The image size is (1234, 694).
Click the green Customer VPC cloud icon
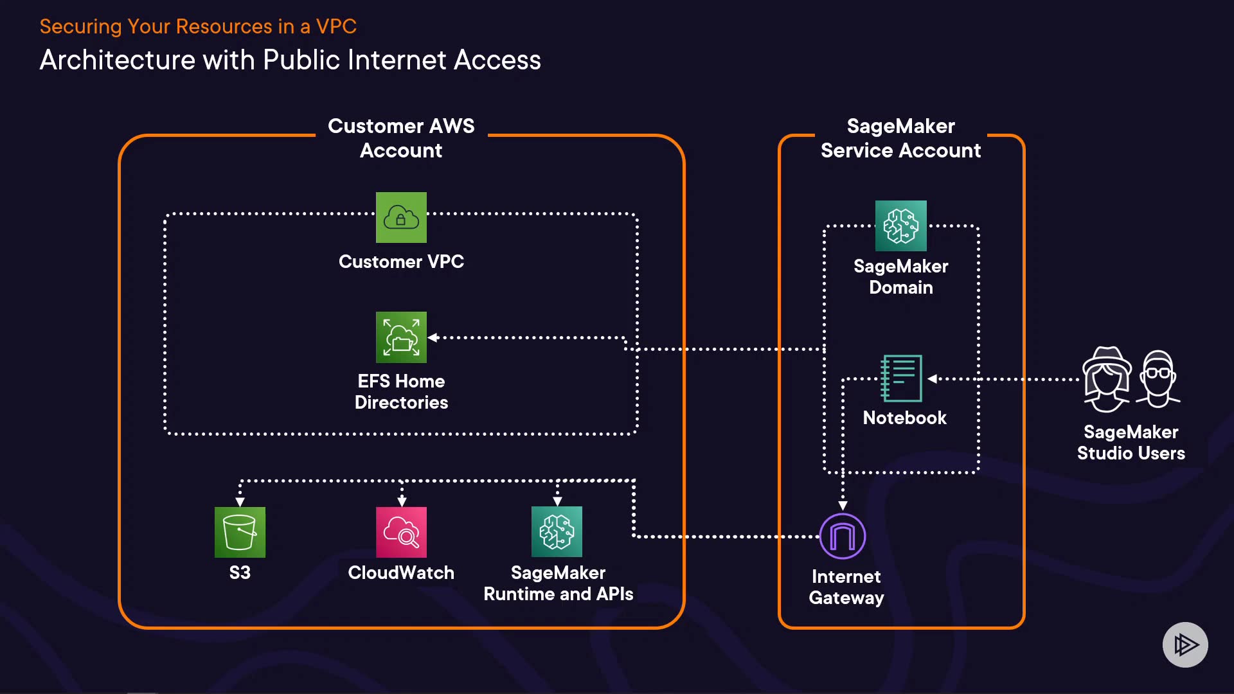click(401, 217)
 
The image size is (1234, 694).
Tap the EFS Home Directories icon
click(401, 337)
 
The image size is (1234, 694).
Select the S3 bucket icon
click(240, 532)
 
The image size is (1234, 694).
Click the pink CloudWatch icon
click(401, 532)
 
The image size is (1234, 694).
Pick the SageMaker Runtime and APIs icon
click(557, 532)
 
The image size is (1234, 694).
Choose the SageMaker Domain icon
click(900, 226)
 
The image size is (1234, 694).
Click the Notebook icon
click(901, 378)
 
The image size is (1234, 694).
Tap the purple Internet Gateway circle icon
click(843, 536)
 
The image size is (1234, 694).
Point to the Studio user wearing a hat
click(1106, 379)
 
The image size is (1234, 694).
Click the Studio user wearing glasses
click(1158, 379)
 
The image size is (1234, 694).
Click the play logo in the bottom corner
click(1185, 645)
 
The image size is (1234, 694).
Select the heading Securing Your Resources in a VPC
click(198, 26)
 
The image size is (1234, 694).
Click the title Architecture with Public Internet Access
click(290, 60)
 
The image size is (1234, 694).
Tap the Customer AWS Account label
click(401, 138)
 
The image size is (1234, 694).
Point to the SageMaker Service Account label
click(900, 138)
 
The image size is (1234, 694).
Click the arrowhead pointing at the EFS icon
click(433, 337)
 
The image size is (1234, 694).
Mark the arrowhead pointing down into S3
click(240, 501)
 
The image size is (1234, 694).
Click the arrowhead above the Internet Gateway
click(843, 506)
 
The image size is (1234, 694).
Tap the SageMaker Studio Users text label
click(1131, 442)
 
